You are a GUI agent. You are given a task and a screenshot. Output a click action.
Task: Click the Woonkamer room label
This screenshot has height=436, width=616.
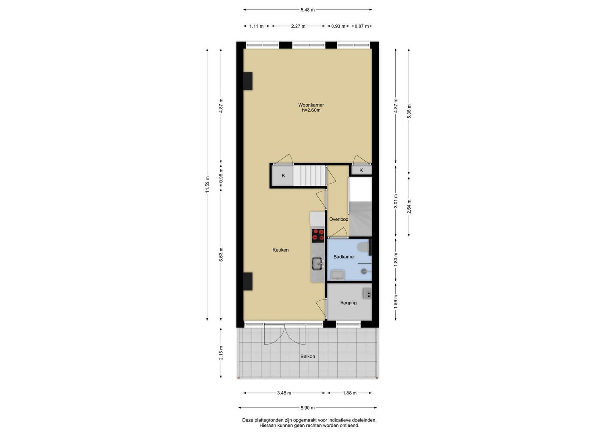click(311, 105)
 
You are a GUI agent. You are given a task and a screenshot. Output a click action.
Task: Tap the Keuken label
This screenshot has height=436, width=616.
click(280, 250)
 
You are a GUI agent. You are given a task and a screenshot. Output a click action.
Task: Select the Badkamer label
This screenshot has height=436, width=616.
click(344, 257)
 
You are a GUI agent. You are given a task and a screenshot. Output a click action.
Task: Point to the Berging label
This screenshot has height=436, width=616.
click(349, 303)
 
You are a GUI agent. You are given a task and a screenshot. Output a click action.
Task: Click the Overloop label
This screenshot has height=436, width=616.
click(339, 219)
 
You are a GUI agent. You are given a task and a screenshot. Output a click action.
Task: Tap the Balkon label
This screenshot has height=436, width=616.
click(308, 356)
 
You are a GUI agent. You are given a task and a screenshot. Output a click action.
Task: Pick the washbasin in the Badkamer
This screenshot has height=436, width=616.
click(337, 275)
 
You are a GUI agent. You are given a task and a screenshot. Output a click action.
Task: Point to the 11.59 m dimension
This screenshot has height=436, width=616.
click(207, 184)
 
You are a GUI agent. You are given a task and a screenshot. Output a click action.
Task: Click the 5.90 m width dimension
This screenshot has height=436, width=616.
click(307, 408)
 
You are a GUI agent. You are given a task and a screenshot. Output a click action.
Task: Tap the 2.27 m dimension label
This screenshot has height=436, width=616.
click(299, 26)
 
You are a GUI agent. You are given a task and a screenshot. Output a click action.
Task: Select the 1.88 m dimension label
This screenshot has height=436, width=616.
click(349, 393)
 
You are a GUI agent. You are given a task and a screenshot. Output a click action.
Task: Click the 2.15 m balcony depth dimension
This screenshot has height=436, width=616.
click(221, 353)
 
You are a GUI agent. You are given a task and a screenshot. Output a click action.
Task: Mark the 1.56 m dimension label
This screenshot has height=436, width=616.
click(396, 302)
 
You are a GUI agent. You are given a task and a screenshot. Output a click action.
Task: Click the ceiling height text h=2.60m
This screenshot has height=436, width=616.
click(311, 110)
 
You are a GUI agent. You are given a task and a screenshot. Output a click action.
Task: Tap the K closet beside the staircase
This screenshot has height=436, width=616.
click(283, 176)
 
